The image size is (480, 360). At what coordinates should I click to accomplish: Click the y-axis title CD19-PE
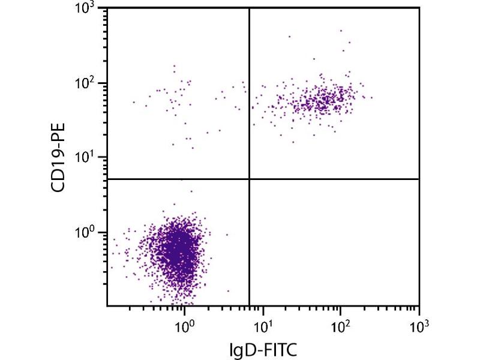[59, 158]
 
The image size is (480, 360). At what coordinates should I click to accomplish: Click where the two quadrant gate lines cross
[249, 179]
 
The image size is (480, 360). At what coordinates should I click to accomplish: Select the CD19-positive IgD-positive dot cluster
[327, 99]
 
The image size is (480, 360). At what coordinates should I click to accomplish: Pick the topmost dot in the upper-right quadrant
[341, 30]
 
